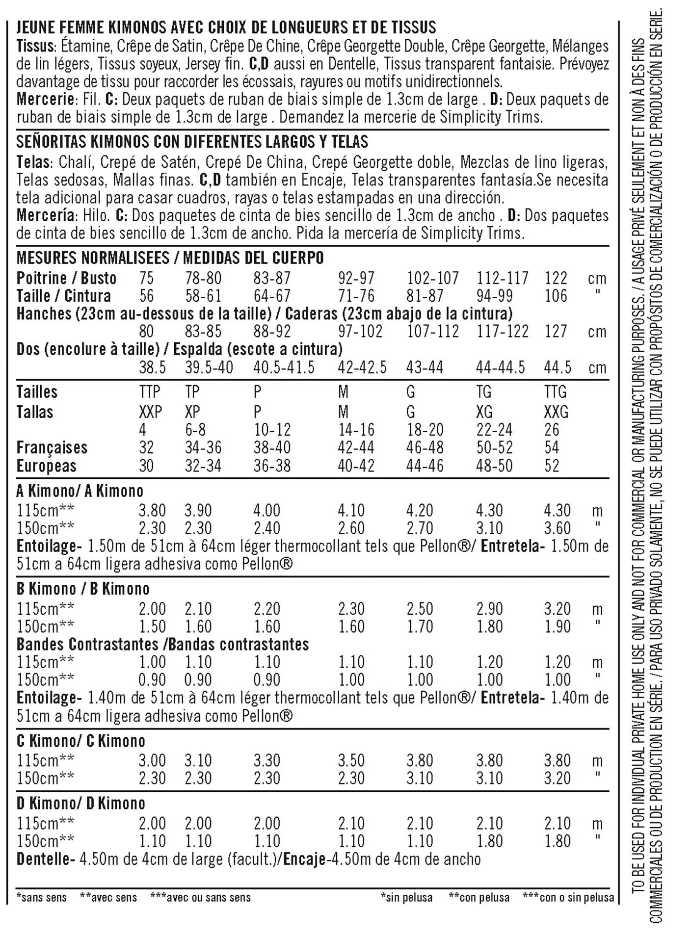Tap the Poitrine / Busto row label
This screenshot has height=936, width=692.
tap(66, 278)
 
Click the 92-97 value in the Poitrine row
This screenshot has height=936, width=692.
tap(356, 278)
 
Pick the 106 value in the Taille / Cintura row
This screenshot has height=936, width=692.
tap(556, 296)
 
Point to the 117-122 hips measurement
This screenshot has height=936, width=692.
tap(502, 332)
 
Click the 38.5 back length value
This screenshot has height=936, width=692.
tap(152, 367)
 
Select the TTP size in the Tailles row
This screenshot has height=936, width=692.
tap(149, 392)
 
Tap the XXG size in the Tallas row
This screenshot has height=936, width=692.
tap(556, 412)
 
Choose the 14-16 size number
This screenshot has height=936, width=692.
tap(356, 430)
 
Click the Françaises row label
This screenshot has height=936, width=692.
tap(52, 447)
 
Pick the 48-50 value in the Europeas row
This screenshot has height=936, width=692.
tap(494, 466)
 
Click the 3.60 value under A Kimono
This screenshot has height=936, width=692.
tap(557, 528)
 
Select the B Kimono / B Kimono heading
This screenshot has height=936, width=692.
tap(83, 589)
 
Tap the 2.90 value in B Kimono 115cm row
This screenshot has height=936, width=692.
tap(489, 609)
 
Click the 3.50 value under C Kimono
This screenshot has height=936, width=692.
tap(351, 760)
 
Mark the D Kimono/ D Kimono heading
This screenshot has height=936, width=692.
tap(81, 804)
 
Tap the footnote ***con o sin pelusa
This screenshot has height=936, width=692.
tap(568, 898)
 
